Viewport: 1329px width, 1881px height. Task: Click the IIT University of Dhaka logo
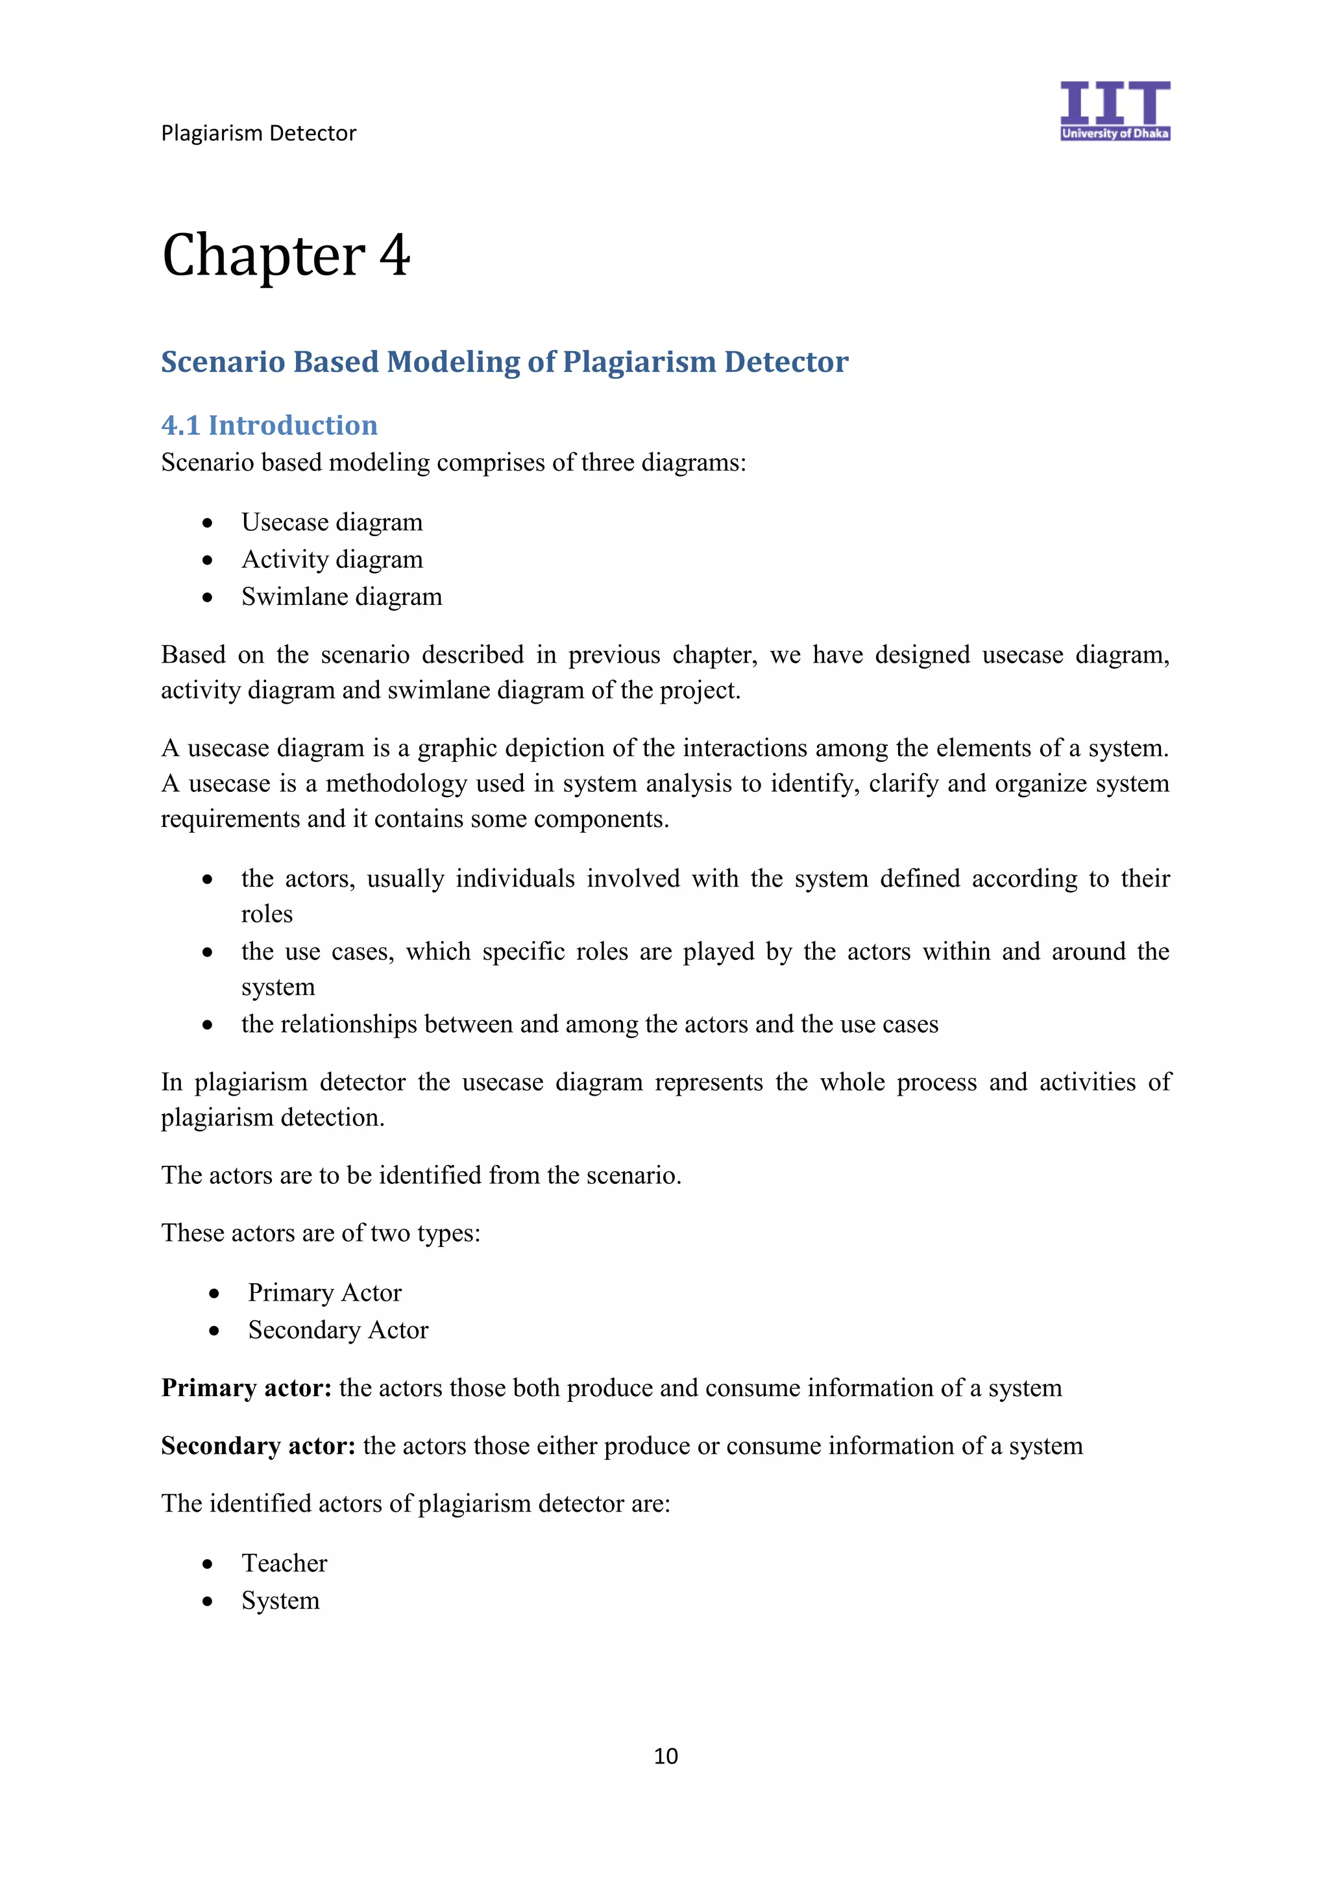coord(1114,110)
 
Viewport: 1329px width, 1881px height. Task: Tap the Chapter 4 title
coord(286,256)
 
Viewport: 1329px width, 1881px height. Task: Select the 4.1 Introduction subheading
coord(269,425)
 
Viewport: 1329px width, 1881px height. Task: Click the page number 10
coord(665,1756)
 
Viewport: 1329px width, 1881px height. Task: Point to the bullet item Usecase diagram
coord(332,522)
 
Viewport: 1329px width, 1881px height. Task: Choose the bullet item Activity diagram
coord(332,559)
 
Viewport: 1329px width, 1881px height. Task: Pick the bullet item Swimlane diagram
coord(341,596)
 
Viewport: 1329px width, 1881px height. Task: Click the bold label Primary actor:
coord(247,1388)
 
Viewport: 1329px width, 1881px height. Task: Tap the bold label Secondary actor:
coord(258,1445)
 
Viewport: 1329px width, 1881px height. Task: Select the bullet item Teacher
coord(284,1563)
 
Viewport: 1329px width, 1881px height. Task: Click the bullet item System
coord(280,1600)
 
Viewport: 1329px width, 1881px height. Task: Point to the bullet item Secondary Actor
coord(337,1330)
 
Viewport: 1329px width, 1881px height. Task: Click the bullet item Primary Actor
coord(324,1293)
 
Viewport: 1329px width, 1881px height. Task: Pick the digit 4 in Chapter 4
coord(394,256)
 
